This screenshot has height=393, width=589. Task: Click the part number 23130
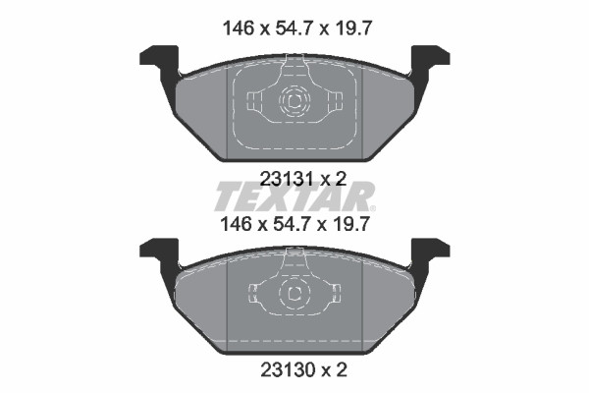click(x=288, y=371)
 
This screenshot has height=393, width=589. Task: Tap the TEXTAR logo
click(x=294, y=196)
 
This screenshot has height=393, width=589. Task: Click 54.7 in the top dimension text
click(x=294, y=28)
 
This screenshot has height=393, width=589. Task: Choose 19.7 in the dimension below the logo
click(x=349, y=225)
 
